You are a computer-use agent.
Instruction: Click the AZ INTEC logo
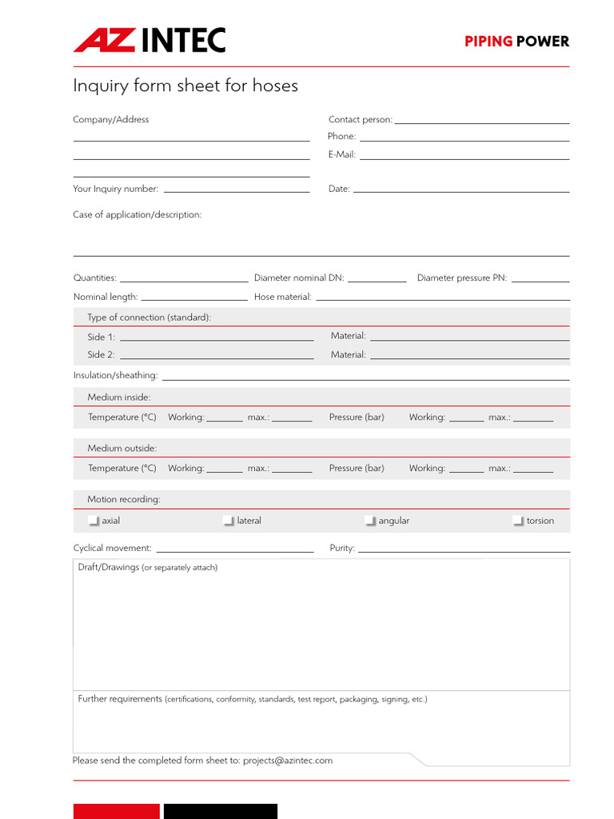(x=150, y=40)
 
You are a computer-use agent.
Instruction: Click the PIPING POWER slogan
(x=516, y=42)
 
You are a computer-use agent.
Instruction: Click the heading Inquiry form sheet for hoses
(x=185, y=86)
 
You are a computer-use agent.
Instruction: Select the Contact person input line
(x=481, y=121)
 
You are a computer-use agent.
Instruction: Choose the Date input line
(x=460, y=190)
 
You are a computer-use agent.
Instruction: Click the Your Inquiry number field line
(x=236, y=190)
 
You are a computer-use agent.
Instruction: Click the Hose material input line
(x=442, y=298)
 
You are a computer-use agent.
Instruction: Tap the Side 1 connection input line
(x=216, y=338)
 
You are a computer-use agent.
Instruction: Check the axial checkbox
(x=94, y=521)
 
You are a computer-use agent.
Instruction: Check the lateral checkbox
(x=229, y=521)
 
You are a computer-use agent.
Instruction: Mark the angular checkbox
(x=370, y=521)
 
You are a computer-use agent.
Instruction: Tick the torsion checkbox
(x=518, y=521)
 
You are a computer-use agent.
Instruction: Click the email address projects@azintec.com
(x=288, y=761)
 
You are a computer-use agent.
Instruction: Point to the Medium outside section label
(x=122, y=448)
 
